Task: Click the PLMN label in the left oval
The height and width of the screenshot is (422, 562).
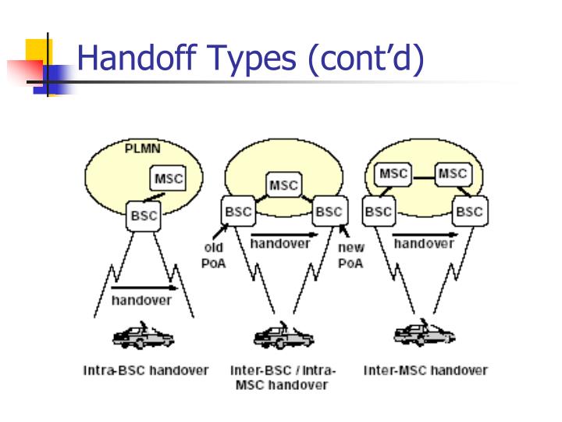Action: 144,148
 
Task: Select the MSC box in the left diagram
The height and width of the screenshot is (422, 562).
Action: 169,179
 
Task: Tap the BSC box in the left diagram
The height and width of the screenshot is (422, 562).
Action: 144,215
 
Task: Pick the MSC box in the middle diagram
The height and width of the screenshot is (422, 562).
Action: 283,185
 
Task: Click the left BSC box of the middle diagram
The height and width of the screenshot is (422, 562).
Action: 237,211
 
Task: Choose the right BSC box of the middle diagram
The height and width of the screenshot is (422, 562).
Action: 329,211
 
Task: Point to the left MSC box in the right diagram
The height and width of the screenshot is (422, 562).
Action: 393,173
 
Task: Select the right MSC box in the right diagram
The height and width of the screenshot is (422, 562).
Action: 452,173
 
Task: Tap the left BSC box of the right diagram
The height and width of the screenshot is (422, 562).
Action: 379,211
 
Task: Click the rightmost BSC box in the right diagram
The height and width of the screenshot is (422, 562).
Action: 469,211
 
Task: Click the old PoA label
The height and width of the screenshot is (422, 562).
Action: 213,256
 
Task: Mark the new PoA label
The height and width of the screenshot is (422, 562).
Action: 350,256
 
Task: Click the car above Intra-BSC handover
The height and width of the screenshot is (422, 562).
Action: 144,337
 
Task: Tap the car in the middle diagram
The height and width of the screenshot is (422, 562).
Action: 283,337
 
